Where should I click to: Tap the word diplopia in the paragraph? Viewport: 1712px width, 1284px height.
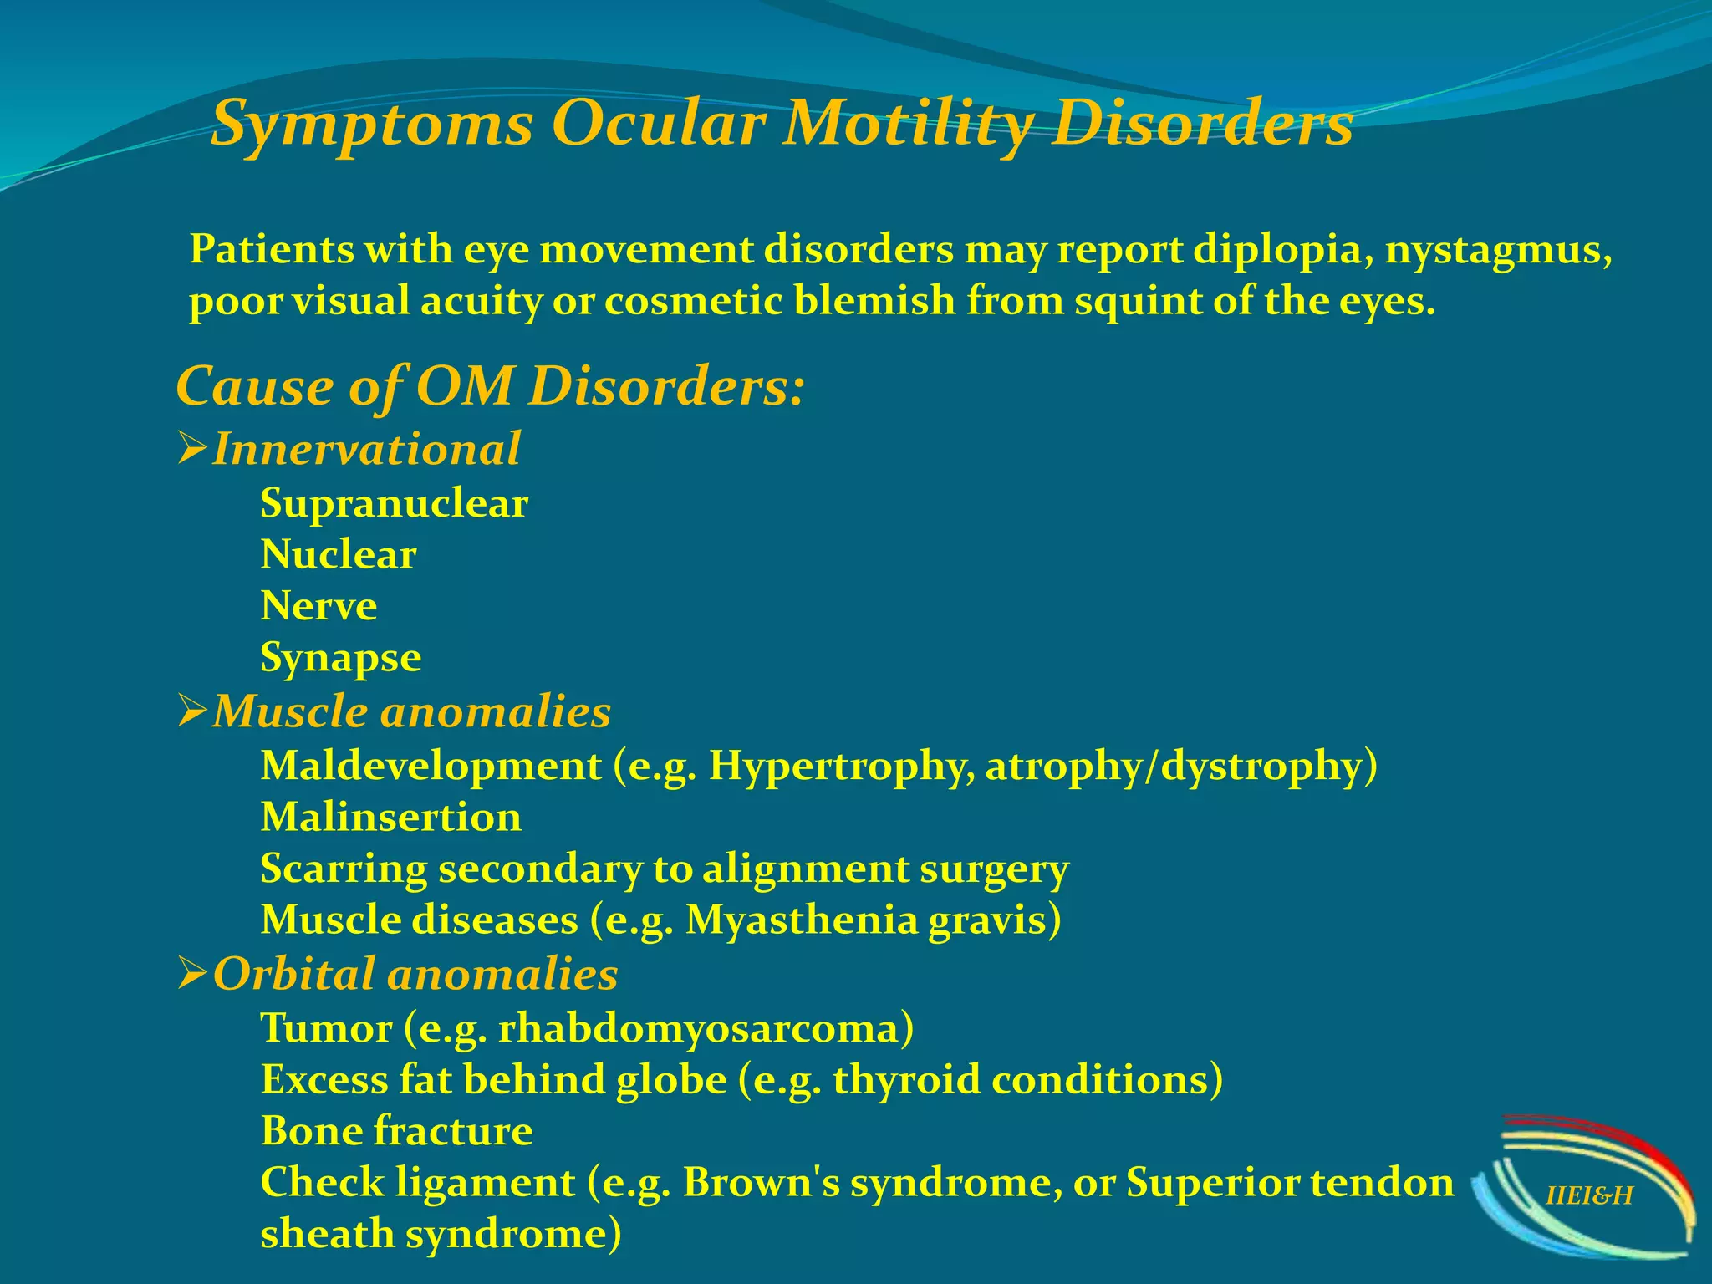coord(1283,250)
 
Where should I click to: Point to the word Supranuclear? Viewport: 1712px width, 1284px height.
coord(394,504)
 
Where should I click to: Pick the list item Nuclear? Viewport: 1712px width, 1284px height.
coord(339,555)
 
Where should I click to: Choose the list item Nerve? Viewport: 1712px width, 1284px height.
coord(318,606)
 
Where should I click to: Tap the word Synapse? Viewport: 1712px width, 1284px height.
coord(340,658)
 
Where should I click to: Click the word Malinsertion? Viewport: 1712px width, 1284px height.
coord(391,818)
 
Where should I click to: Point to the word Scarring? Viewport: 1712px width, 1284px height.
coord(344,869)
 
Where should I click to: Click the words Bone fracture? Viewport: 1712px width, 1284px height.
coord(396,1131)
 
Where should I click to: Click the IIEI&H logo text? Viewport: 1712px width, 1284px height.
coord(1588,1196)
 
